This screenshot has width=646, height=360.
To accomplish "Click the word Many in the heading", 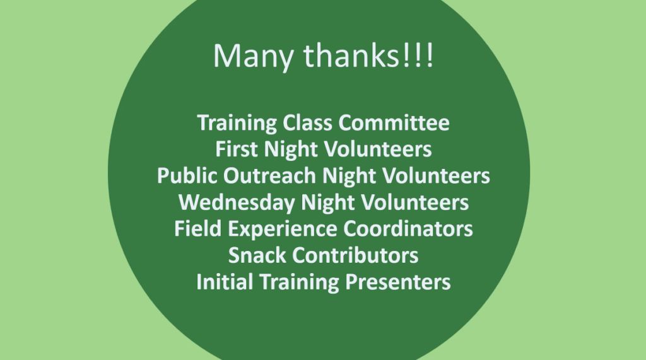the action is click(253, 57).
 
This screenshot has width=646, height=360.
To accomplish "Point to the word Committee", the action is click(394, 123).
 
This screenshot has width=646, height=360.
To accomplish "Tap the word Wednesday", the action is click(237, 202).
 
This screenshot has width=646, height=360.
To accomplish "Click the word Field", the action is click(197, 229).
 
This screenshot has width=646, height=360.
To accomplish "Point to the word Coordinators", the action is click(408, 229).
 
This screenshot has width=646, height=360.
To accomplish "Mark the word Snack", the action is click(257, 255).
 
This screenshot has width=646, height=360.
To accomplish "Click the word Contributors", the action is click(355, 255).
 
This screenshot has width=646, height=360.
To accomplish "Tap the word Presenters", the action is click(397, 282).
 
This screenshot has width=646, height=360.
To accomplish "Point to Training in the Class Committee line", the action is click(237, 124).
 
